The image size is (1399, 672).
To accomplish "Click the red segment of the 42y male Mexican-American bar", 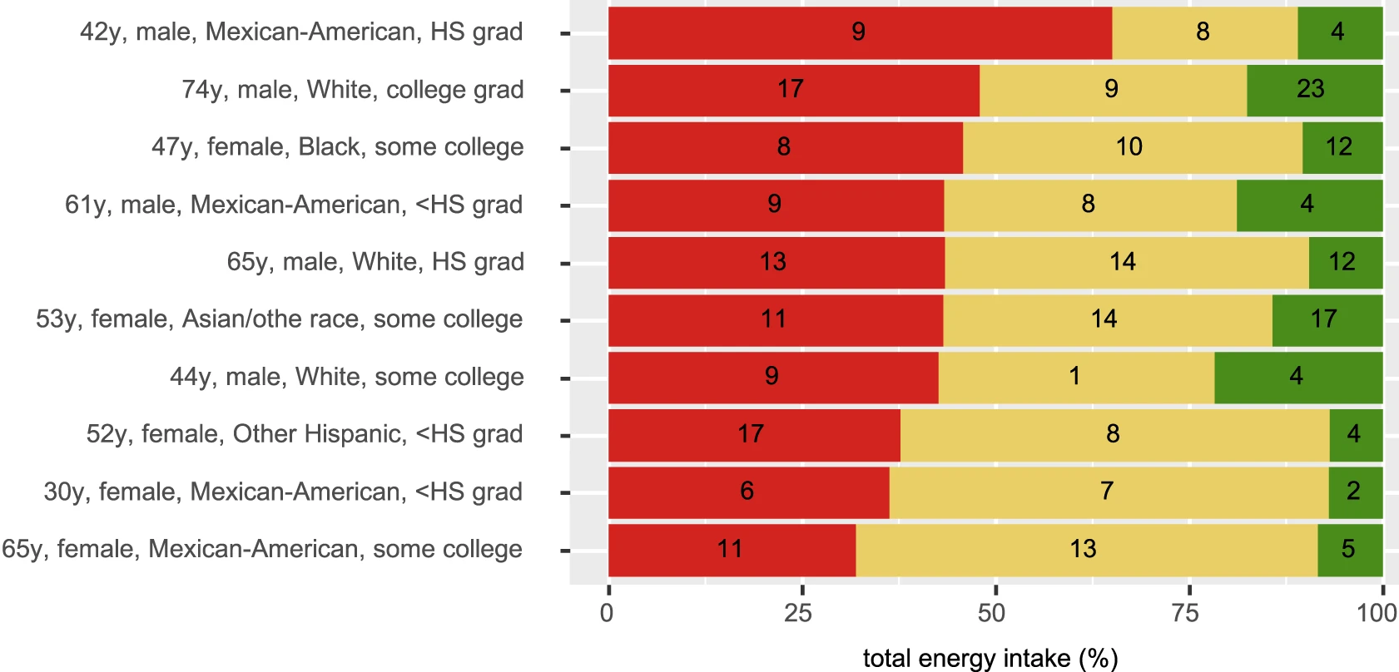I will [x=860, y=32].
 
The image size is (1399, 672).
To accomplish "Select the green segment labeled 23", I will [x=1314, y=90].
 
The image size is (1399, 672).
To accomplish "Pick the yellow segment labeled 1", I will [x=1075, y=377].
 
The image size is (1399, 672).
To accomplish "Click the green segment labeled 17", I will [x=1327, y=319].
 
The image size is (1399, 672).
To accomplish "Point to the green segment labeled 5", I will [x=1349, y=549].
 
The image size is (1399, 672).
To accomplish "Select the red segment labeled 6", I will [x=747, y=492].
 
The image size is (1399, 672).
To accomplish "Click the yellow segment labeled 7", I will [x=1108, y=492].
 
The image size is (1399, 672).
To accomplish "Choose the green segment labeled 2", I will [x=1355, y=492].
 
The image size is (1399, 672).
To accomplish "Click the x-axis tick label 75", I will [x=1185, y=614].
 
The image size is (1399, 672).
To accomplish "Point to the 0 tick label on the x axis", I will [x=607, y=614].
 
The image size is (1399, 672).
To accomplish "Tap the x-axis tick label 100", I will [x=1377, y=614].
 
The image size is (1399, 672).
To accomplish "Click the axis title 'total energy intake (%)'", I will [x=990, y=659].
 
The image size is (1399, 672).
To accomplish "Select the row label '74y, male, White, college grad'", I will [x=353, y=90].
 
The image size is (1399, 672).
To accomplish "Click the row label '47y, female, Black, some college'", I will [x=337, y=147].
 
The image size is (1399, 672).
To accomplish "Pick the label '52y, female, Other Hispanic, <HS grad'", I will [x=305, y=434].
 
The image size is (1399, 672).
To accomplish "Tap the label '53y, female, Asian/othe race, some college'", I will [x=279, y=319].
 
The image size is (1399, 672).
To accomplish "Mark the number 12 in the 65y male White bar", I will [x=1342, y=262].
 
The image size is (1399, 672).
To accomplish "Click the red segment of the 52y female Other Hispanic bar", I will [x=753, y=434].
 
